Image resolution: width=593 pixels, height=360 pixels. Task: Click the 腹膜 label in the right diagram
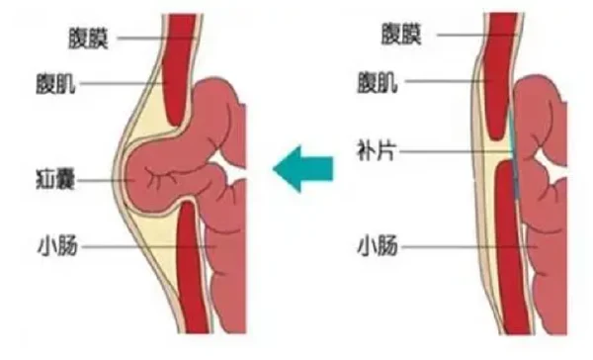(401, 36)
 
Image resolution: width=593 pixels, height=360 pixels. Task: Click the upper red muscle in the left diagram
(178, 69)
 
